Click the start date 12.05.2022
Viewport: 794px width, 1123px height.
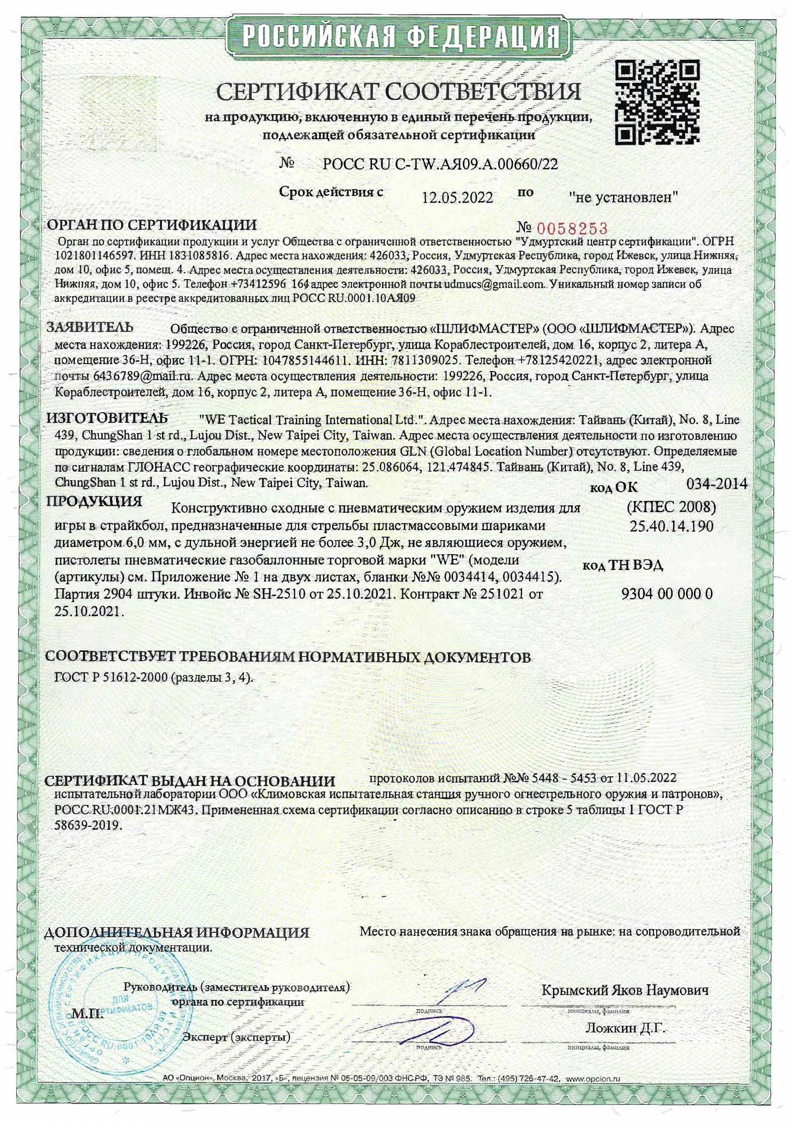coord(457,198)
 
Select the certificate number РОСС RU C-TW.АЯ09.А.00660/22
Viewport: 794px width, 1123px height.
coord(440,164)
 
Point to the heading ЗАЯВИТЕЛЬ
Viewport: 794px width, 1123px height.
coord(90,328)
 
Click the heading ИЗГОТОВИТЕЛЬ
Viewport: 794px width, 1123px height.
coord(107,418)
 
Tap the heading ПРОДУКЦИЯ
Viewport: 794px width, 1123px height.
coord(94,501)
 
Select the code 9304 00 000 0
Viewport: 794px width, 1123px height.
coord(666,594)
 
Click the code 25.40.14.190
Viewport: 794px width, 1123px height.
coord(671,526)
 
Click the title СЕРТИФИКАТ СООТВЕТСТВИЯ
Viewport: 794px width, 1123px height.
coord(398,92)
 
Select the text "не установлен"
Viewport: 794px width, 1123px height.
coord(623,197)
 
